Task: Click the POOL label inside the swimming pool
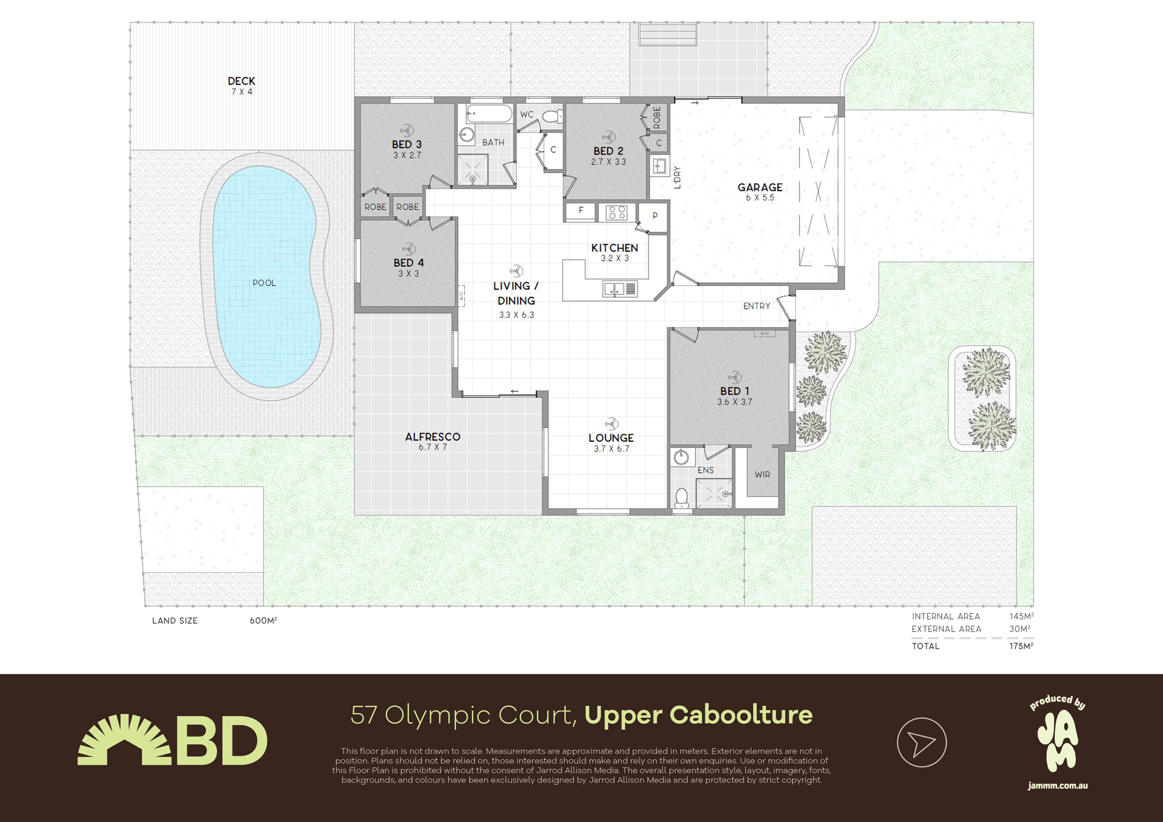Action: (264, 283)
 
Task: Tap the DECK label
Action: (241, 81)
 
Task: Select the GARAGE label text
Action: (759, 187)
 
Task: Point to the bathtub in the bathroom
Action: (488, 113)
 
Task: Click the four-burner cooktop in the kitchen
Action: (616, 213)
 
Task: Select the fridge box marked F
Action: (580, 211)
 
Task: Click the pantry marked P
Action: (655, 216)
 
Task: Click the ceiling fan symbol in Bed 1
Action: (734, 377)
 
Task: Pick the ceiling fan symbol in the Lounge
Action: (611, 423)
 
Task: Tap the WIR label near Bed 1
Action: (762, 474)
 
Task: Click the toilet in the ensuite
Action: (682, 499)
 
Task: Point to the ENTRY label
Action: (757, 306)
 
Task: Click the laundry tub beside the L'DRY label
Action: (659, 167)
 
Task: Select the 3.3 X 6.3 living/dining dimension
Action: (516, 315)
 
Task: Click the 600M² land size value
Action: (263, 621)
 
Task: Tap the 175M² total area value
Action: (1021, 646)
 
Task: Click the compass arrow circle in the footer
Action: (922, 742)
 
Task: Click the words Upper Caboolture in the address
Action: (698, 715)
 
